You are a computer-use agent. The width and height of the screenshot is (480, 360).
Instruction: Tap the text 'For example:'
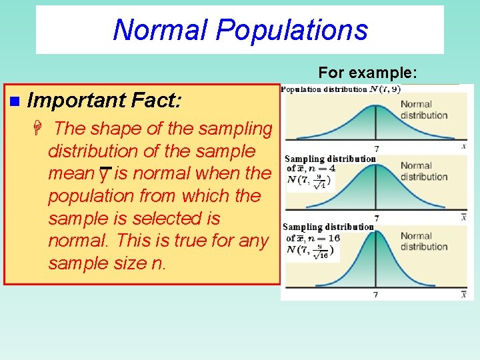coord(367,72)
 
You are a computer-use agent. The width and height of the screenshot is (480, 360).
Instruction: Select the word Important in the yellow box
coord(77,101)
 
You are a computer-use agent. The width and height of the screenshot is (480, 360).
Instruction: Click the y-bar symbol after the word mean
coord(103,175)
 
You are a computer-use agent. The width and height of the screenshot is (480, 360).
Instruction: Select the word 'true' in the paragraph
coord(181,241)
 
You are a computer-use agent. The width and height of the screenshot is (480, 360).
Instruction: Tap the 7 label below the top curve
coord(377,149)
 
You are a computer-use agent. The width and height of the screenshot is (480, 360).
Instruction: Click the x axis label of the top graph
coord(463,145)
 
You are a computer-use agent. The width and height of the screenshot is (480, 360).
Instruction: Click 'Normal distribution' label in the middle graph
coord(423,171)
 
